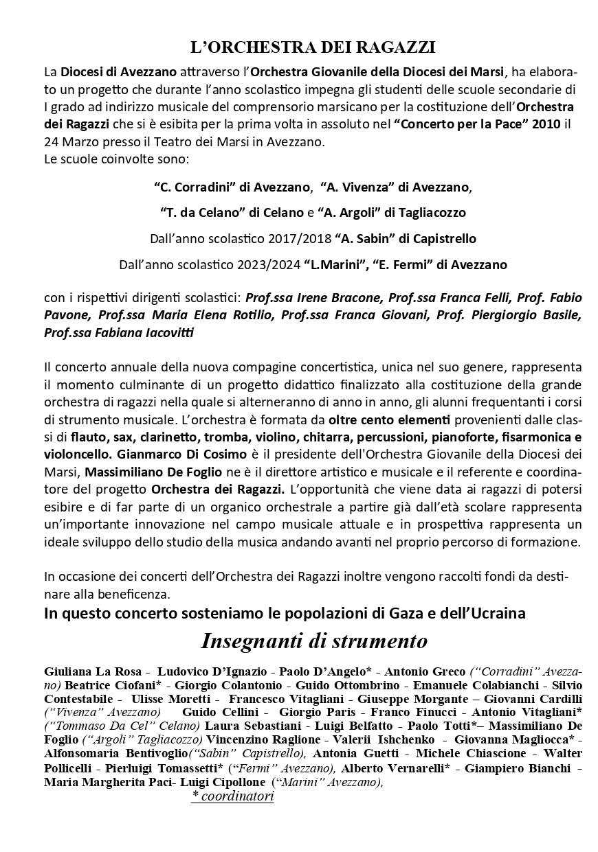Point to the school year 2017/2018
pyautogui.click(x=300, y=239)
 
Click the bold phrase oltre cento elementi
pyautogui.click(x=389, y=419)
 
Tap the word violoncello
pyautogui.click(x=78, y=454)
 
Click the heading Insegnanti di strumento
pyautogui.click(x=313, y=641)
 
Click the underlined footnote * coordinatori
pyautogui.click(x=233, y=796)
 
